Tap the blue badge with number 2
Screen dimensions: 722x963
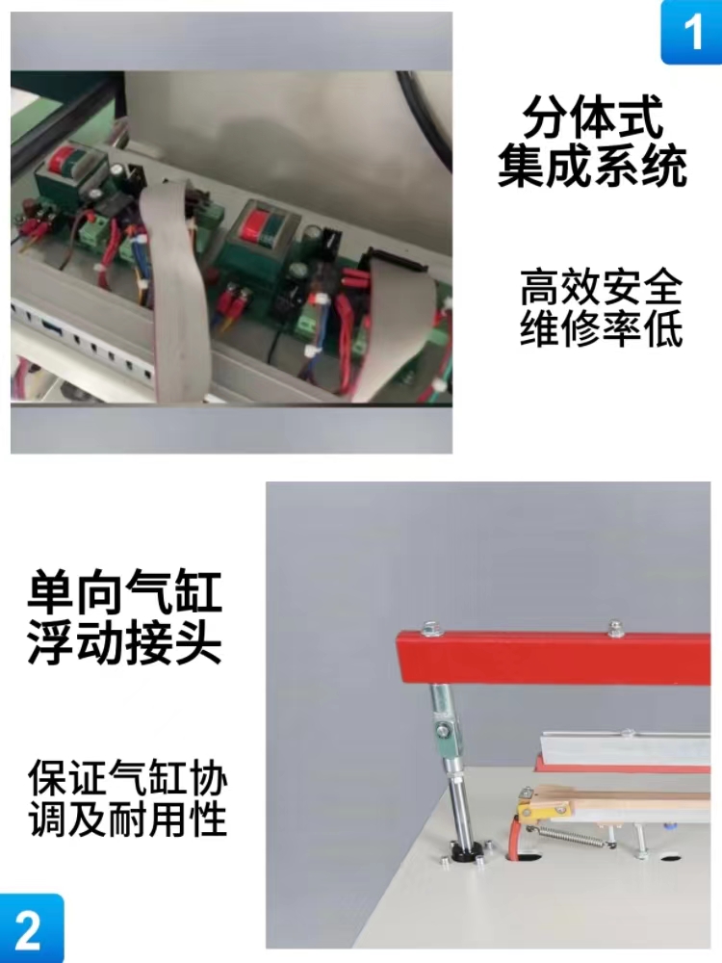pyautogui.click(x=31, y=928)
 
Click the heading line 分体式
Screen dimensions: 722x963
pyautogui.click(x=592, y=117)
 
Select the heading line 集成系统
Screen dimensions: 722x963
pyautogui.click(x=592, y=165)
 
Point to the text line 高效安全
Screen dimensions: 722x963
pyautogui.click(x=601, y=286)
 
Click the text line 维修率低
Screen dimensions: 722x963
pyautogui.click(x=601, y=328)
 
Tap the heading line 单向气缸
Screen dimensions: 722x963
pyautogui.click(x=124, y=591)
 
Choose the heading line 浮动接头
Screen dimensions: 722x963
pyautogui.click(x=124, y=641)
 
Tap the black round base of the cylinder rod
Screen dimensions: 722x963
pyautogui.click(x=467, y=853)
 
